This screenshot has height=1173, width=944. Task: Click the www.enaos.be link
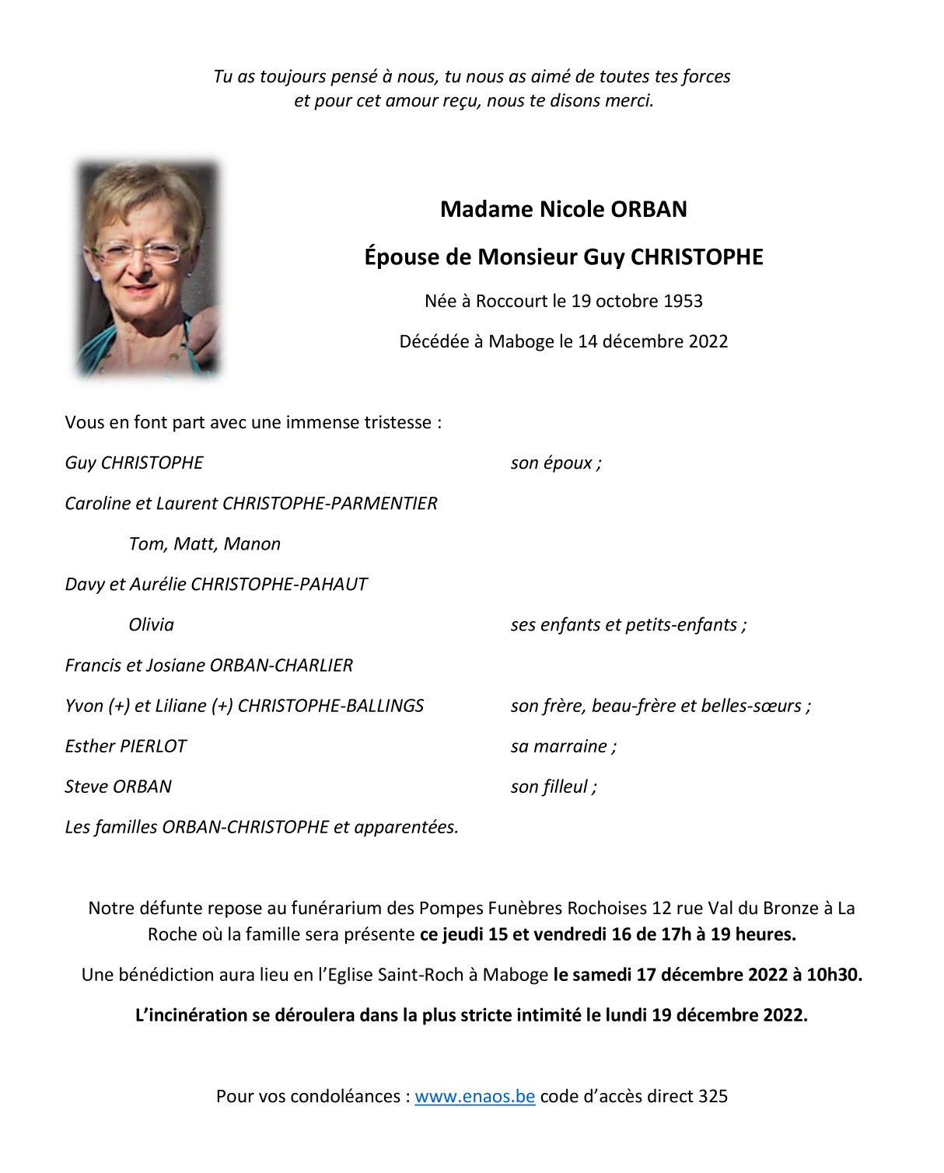[x=474, y=1096]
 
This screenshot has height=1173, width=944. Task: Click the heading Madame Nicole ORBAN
[x=563, y=209]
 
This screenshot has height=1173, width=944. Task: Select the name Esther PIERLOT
[x=126, y=746]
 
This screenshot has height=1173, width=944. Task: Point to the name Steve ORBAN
[x=118, y=787]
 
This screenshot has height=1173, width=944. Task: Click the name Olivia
[x=152, y=625]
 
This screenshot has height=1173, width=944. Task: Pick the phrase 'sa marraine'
[x=559, y=746]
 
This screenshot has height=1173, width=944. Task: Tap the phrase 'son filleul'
[x=550, y=787]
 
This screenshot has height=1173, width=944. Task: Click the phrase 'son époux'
[x=551, y=463]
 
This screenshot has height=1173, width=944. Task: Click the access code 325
[x=713, y=1096]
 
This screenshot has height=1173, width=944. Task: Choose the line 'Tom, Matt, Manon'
[x=205, y=544]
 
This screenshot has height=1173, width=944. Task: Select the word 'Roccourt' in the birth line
[x=512, y=301]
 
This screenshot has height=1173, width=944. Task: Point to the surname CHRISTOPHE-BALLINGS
[x=330, y=706]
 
